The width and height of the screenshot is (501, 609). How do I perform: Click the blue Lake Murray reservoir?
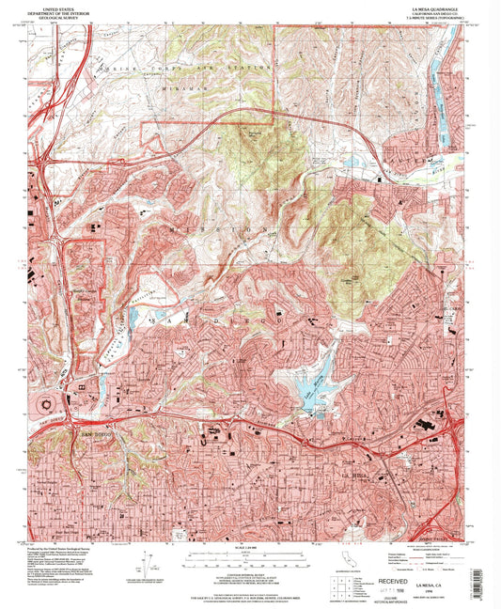pos(314,381)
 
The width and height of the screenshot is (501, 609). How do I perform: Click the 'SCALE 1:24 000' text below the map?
pos(243,547)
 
